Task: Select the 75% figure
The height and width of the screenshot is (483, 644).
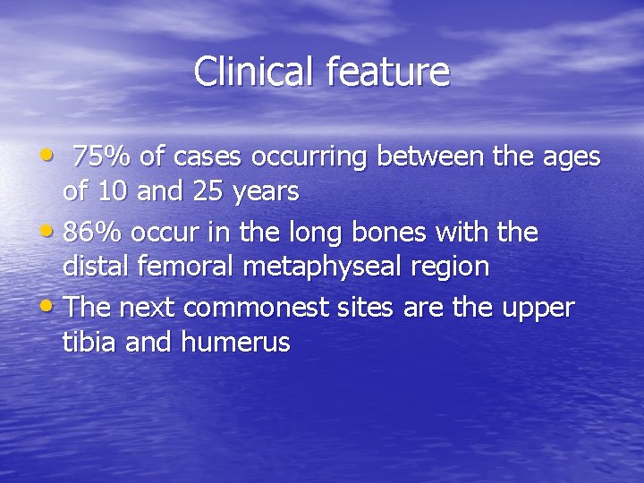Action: (x=101, y=157)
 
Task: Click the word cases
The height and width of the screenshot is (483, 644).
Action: (x=211, y=157)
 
